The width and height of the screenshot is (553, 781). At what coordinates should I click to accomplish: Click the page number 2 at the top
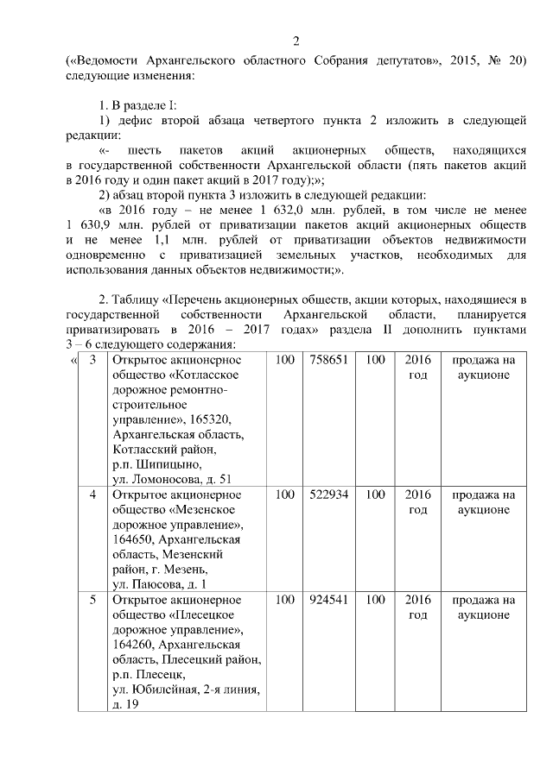click(x=296, y=41)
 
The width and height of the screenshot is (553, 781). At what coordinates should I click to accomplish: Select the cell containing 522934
click(x=327, y=495)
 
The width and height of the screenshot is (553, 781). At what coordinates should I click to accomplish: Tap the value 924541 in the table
click(x=327, y=599)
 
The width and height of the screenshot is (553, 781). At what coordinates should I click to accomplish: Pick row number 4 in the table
click(x=92, y=495)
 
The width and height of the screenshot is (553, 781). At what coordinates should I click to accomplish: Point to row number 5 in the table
click(x=92, y=599)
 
